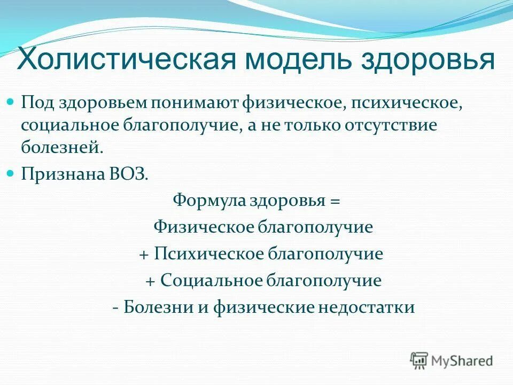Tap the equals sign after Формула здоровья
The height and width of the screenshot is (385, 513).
coord(335,202)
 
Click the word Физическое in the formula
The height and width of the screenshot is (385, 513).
coord(203,227)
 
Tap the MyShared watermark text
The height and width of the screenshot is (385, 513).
coord(463,361)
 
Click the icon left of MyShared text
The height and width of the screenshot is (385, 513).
coord(419,360)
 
